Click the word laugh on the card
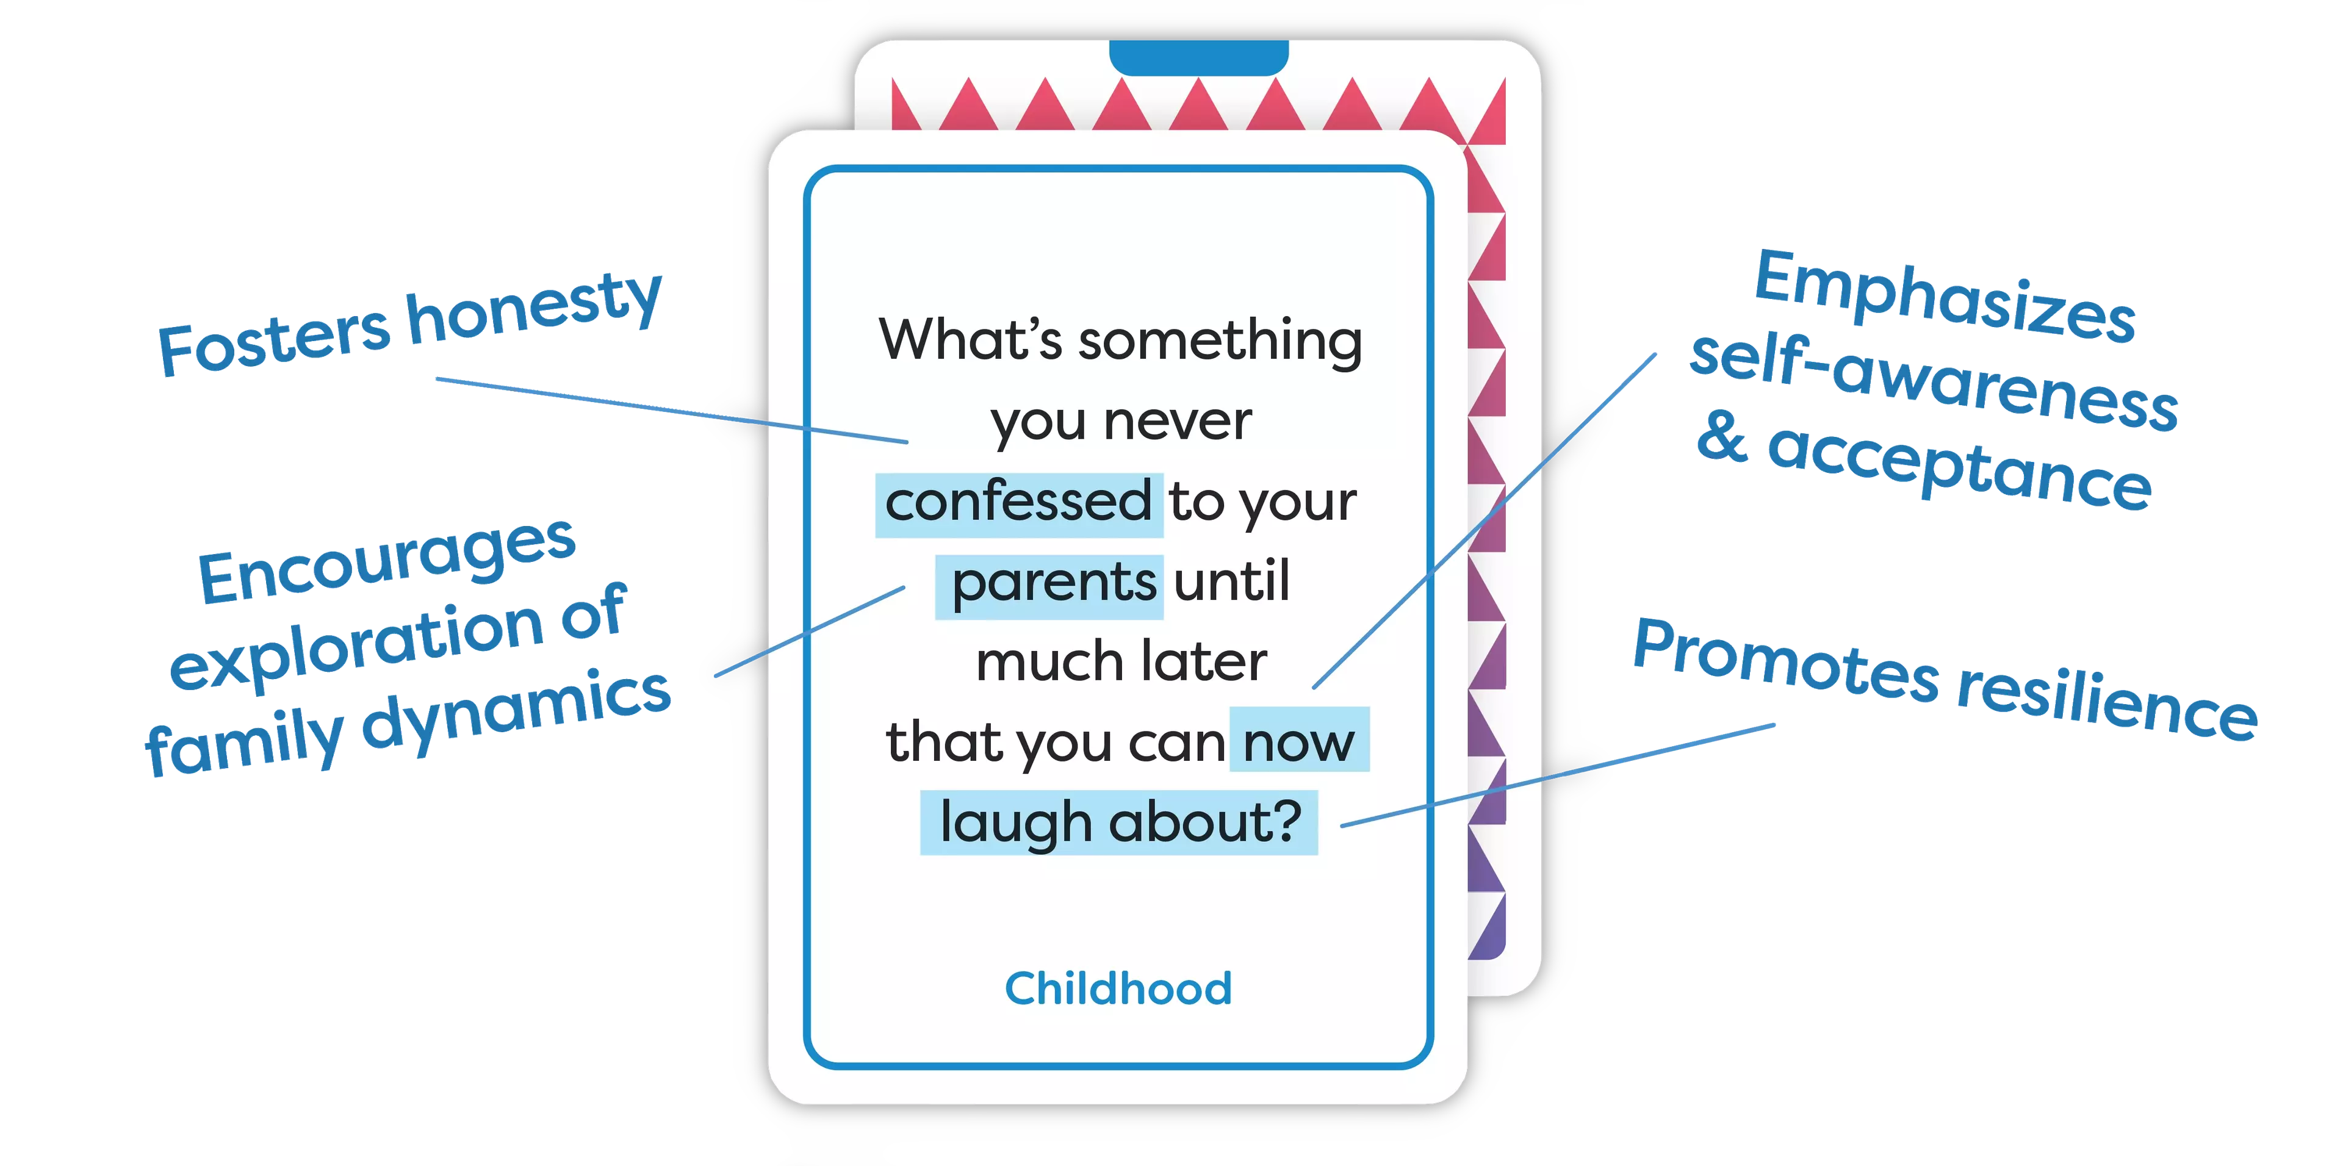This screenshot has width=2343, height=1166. coord(1015,823)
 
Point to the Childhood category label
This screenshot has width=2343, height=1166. coord(1118,988)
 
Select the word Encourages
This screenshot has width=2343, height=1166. coord(387,560)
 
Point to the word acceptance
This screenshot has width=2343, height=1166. coord(1959,464)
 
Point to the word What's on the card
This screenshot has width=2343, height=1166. coord(970,339)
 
